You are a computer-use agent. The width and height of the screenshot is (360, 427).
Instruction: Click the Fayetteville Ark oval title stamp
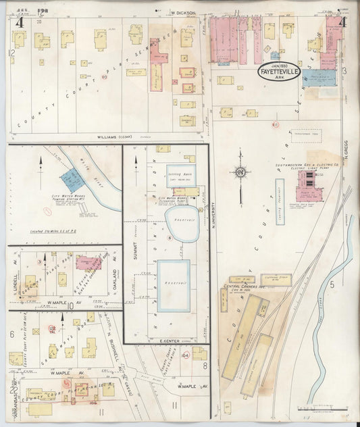(x=280, y=71)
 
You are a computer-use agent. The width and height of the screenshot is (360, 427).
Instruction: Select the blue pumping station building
(x=70, y=180)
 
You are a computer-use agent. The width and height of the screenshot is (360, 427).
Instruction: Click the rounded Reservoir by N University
(x=181, y=224)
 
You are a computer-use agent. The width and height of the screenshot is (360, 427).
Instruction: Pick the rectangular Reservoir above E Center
(x=174, y=285)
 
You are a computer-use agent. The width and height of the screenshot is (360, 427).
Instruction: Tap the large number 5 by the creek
(x=332, y=284)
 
